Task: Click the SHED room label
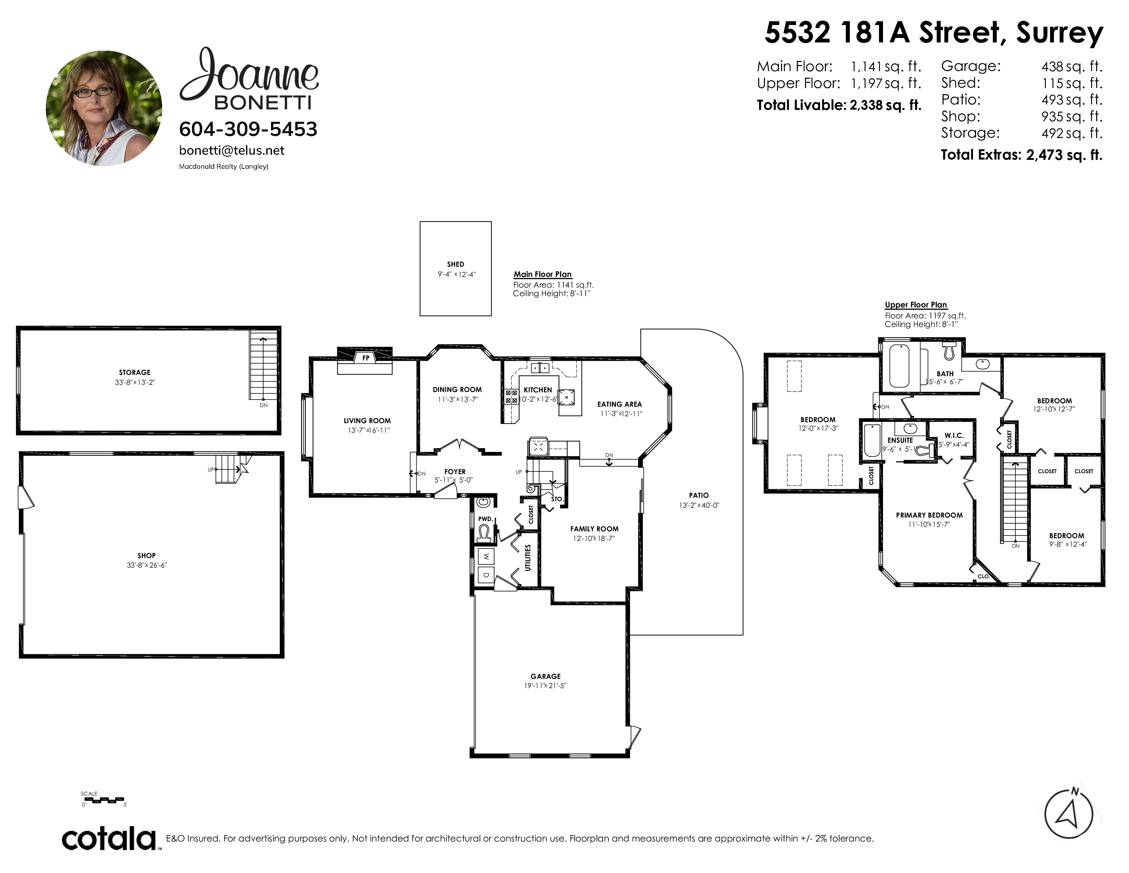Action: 455,264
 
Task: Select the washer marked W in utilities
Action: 486,557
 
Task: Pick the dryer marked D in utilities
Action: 486,574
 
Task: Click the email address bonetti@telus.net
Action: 232,151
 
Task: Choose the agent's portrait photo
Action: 104,108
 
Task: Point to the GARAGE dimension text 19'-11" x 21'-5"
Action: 545,686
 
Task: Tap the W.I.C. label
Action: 954,435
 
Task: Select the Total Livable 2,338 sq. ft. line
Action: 839,105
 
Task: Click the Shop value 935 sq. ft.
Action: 1072,116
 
